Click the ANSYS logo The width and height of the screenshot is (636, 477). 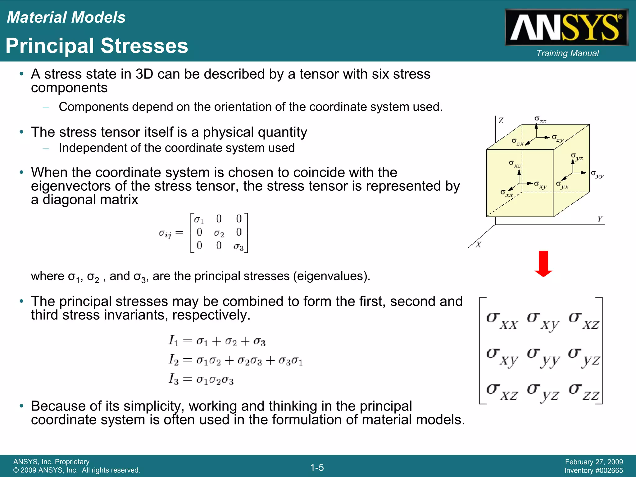566,27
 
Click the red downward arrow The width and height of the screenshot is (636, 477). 543,264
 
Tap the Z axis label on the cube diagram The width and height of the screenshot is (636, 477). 501,120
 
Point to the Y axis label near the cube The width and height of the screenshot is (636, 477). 600,219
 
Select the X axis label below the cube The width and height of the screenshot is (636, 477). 479,245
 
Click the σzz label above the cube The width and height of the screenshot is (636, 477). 540,120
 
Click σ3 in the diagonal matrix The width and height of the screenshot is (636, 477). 238,247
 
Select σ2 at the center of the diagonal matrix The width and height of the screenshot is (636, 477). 219,233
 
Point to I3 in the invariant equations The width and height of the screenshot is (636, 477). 174,379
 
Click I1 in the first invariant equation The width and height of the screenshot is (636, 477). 174,341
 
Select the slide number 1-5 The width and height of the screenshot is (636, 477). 317,467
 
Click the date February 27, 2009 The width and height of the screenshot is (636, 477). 594,462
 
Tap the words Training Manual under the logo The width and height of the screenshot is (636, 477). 567,53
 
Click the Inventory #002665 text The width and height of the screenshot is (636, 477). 593,470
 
